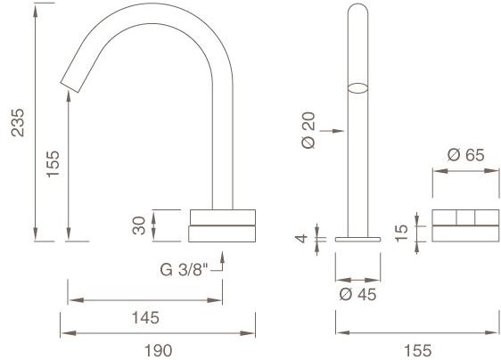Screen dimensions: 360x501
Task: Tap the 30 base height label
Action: [139, 225]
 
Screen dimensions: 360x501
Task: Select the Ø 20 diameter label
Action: [308, 131]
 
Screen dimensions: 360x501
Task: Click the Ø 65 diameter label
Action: [466, 154]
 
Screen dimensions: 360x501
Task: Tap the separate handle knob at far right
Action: [466, 225]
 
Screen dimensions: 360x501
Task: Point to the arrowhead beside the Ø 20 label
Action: [340, 131]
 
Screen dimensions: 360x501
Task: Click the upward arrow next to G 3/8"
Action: [222, 261]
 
